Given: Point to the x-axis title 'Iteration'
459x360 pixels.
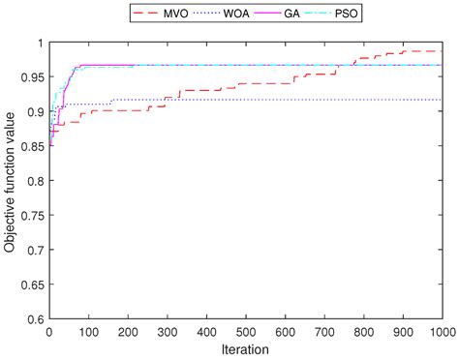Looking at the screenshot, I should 246,349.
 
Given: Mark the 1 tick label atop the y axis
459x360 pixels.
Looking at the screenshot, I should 39,44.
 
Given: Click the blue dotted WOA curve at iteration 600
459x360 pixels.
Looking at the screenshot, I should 285,100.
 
